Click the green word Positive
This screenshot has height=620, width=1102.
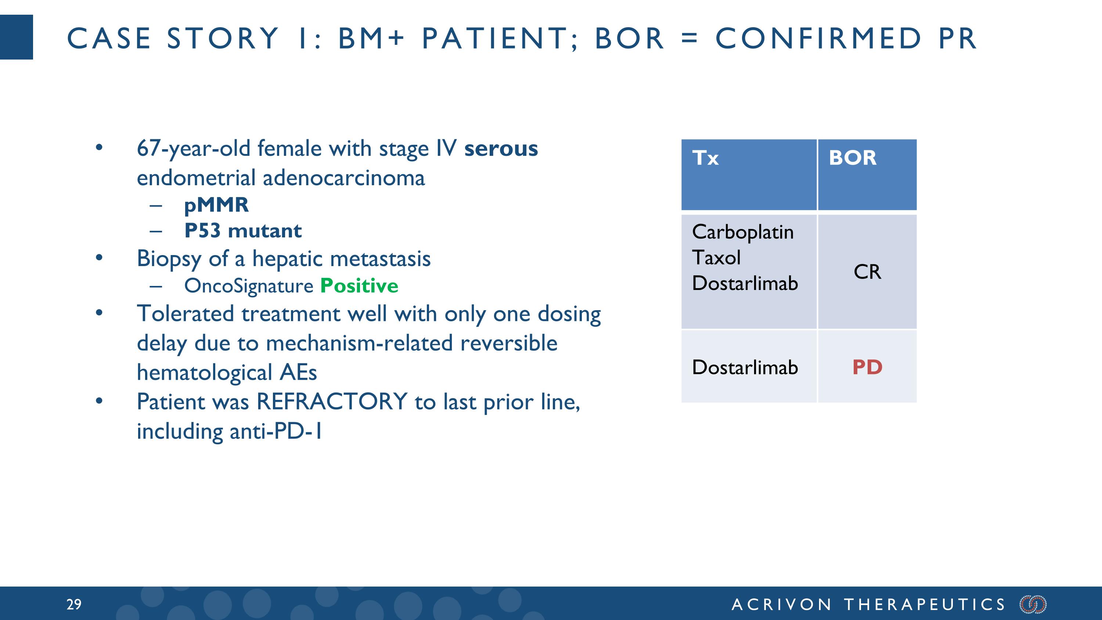pos(359,286)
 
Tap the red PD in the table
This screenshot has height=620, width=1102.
pos(867,367)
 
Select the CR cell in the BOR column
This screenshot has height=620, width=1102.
pos(867,272)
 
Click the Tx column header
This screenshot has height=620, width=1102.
pos(705,158)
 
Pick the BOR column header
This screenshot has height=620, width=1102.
pos(853,158)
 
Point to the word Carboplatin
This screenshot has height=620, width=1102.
pos(743,232)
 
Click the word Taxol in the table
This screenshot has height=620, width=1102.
pos(716,258)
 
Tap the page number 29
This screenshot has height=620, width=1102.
pos(74,604)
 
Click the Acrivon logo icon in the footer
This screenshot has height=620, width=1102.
pos(1033,604)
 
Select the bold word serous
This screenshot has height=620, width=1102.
pos(501,148)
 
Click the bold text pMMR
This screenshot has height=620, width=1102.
pos(216,205)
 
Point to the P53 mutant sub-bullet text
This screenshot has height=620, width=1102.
pos(243,231)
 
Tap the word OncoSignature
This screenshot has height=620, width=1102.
pos(249,286)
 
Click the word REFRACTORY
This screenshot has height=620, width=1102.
pos(332,402)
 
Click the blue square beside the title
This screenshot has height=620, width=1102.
pos(16,37)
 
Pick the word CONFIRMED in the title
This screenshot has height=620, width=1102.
pos(818,39)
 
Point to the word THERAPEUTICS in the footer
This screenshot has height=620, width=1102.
pos(925,604)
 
